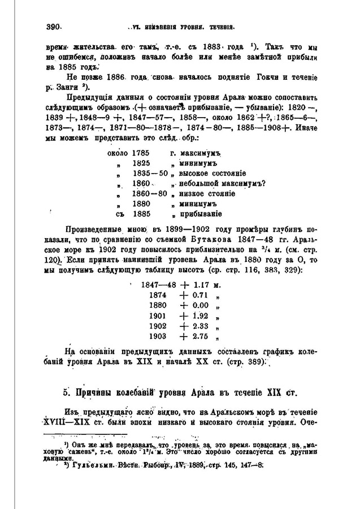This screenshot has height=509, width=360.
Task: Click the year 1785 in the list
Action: (x=142, y=152)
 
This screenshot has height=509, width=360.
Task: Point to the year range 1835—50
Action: (x=150, y=172)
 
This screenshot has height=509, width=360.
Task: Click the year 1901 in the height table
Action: (x=158, y=317)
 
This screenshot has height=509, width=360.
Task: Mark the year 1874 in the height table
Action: (x=158, y=296)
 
